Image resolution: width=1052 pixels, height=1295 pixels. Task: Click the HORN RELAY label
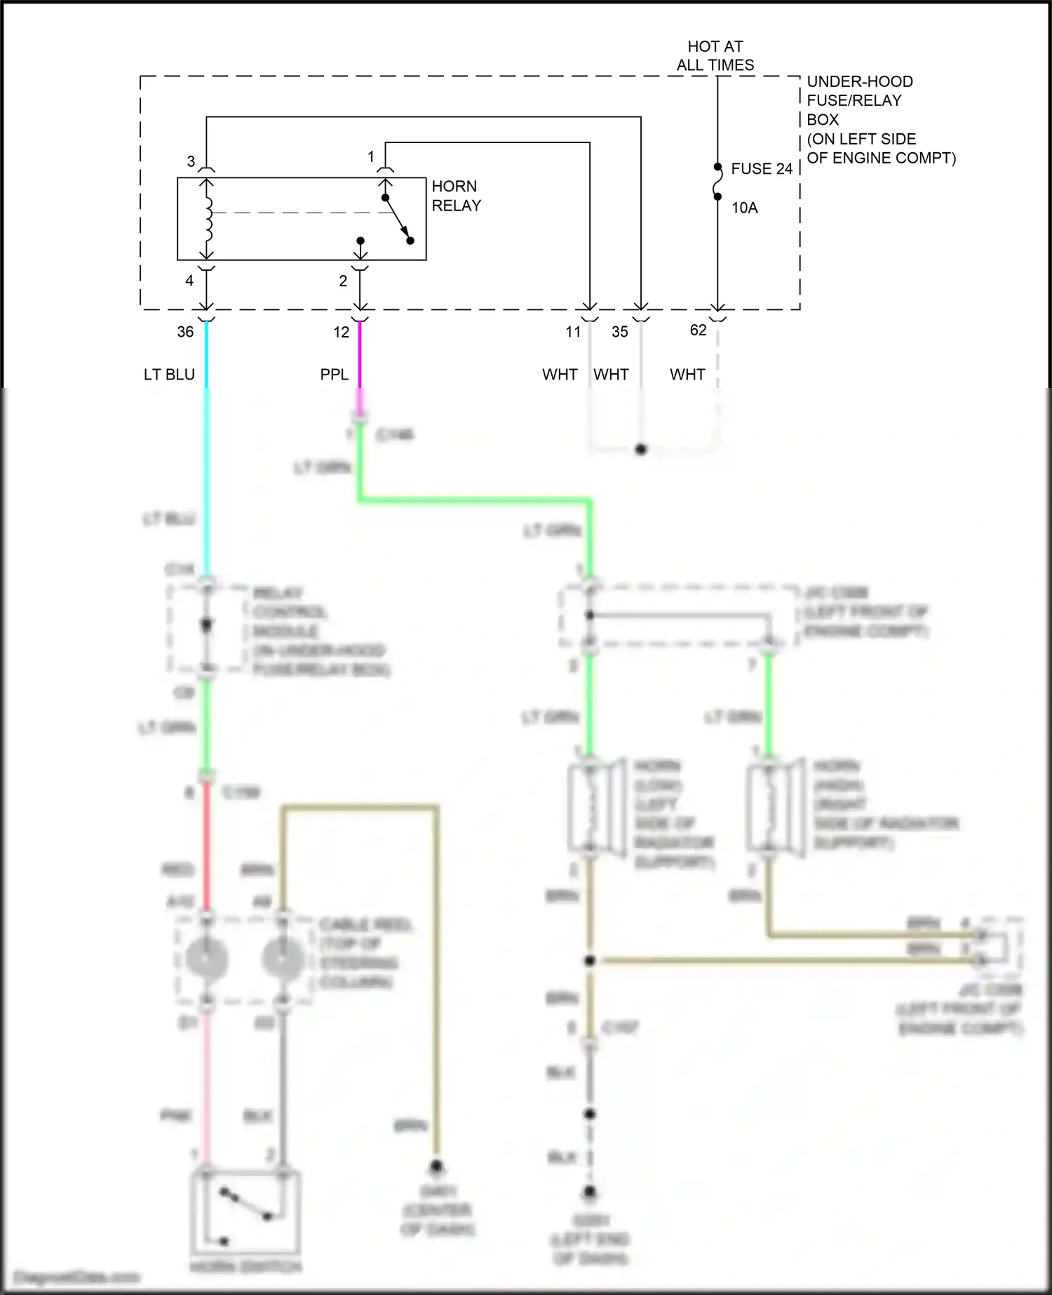point(456,196)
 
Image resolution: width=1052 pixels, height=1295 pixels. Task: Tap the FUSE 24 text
point(761,169)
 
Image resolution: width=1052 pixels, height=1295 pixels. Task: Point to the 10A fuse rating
point(744,208)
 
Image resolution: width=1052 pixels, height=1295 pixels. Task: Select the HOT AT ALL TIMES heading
point(715,55)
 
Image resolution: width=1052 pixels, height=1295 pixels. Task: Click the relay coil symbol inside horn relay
point(208,219)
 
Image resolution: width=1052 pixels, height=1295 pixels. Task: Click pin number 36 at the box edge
point(185,332)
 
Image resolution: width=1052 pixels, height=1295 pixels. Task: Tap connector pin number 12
point(342,333)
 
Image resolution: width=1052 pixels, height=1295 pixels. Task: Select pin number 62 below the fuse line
point(698,330)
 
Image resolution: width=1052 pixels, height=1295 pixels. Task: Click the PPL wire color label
point(334,375)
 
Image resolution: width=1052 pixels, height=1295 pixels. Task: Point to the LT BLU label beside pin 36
point(169,375)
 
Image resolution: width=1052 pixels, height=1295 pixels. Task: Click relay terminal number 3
point(191,162)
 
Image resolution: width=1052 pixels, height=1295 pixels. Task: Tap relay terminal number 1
point(371,157)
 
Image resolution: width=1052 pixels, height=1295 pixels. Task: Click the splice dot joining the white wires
point(640,450)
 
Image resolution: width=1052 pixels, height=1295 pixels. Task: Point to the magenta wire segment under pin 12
point(360,358)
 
